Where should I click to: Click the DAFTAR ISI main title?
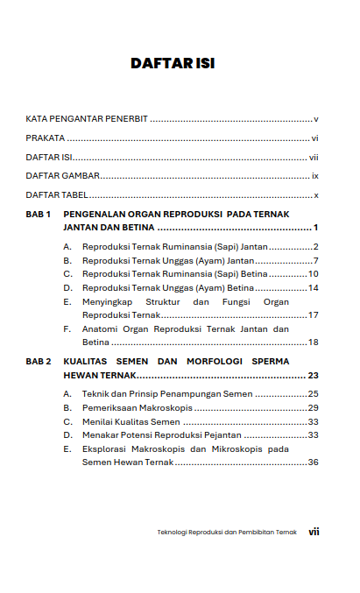coord(173,64)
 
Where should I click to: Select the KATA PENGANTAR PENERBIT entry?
coord(86,118)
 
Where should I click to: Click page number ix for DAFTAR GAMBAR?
coord(314,176)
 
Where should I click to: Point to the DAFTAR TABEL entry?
coord(57,195)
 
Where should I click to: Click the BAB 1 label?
coord(39,214)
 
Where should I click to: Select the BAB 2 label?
coord(39,361)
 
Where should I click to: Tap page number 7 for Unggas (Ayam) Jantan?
coord(314,261)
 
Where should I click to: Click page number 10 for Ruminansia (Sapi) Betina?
coord(313,274)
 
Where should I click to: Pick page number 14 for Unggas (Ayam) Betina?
coord(313,288)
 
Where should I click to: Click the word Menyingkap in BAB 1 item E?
coord(109,301)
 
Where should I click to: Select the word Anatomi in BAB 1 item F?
coord(100,328)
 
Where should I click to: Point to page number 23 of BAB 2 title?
coord(313,375)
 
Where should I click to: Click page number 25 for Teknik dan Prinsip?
coord(313,394)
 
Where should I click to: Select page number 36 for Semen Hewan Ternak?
coord(313,462)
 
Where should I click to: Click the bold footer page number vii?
coord(314,531)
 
